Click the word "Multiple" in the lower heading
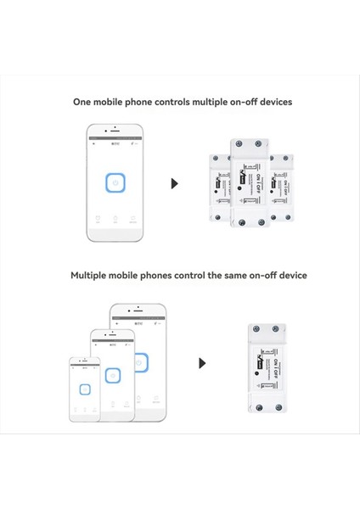(93, 276)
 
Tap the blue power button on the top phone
(114, 183)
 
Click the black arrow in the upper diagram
(175, 184)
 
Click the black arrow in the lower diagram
(202, 363)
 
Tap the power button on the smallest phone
(84, 389)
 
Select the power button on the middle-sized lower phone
(111, 374)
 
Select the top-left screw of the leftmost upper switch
(216, 158)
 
